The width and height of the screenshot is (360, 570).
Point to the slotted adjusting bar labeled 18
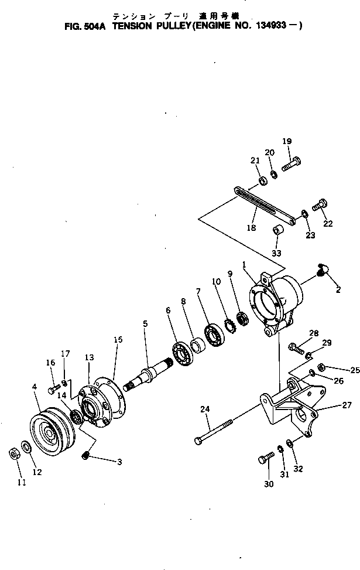click(263, 204)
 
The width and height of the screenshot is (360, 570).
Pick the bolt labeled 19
click(291, 165)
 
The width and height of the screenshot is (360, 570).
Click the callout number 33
click(276, 253)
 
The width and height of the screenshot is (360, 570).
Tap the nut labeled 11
click(12, 453)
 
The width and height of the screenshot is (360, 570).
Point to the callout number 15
click(118, 340)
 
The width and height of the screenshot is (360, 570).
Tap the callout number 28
click(314, 333)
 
